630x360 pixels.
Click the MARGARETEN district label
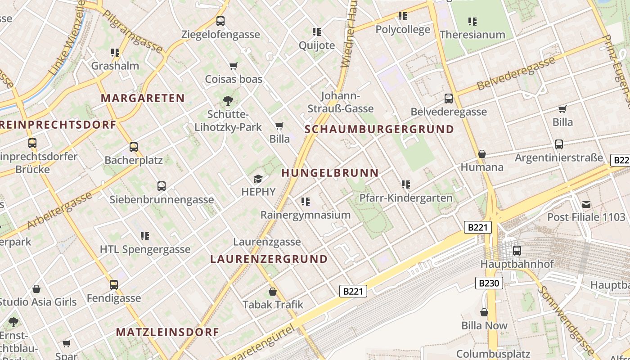point(143,98)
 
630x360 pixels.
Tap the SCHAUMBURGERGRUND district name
point(379,129)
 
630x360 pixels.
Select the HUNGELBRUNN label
point(330,172)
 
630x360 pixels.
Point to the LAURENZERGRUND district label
point(269,259)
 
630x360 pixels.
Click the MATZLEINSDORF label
point(167,332)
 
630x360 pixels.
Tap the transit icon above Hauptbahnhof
point(517,250)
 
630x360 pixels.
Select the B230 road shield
point(489,283)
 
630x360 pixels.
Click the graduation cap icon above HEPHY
point(258,179)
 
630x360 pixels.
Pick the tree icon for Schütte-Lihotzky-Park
point(228,101)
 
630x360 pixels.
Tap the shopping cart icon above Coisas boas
point(233,66)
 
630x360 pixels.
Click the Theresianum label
point(472,35)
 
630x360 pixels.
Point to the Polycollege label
point(403,30)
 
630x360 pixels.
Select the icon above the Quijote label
point(317,31)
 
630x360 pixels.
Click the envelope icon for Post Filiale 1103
point(586,204)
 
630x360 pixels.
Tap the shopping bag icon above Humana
point(482,154)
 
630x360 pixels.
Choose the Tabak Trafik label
point(273,305)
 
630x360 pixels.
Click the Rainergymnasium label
point(306,215)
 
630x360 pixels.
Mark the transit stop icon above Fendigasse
point(114,285)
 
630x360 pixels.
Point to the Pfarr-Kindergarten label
point(405,198)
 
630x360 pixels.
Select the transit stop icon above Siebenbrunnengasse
point(162,186)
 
